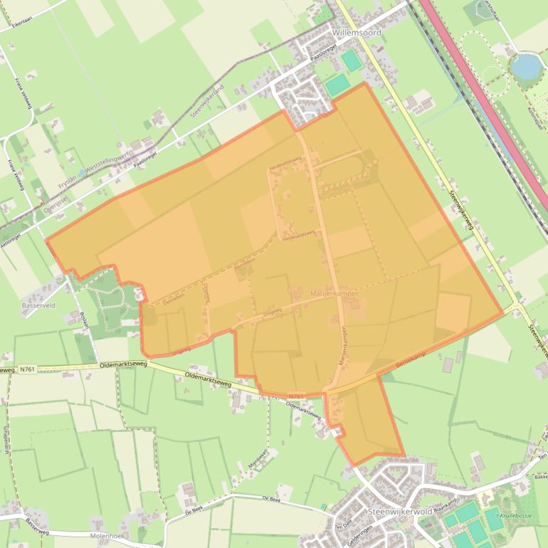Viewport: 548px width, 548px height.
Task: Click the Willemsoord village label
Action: coord(357,33)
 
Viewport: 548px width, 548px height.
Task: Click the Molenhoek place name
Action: coord(108,534)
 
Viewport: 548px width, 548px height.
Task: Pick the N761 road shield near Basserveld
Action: coord(27,369)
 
